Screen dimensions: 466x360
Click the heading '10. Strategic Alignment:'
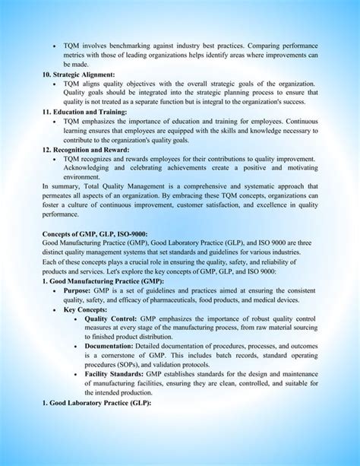(x=78, y=74)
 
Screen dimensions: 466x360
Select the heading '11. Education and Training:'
(x=84, y=112)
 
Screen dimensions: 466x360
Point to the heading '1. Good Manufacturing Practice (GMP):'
(x=103, y=281)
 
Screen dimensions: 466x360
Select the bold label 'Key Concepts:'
(x=86, y=309)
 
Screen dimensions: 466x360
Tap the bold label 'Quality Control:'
(x=111, y=319)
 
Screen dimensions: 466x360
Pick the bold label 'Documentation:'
(x=110, y=347)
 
